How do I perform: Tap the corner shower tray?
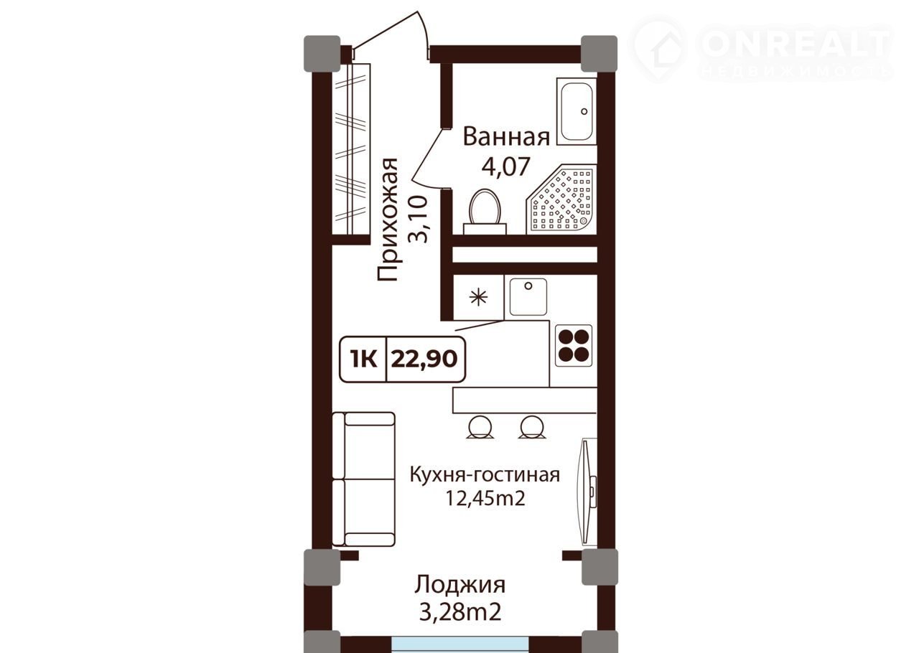click(x=561, y=199)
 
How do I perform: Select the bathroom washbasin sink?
click(x=577, y=111)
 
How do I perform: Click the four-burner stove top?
click(x=574, y=345)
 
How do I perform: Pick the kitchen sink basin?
click(x=528, y=297)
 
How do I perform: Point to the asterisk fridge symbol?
click(x=478, y=297)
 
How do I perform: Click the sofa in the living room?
click(x=363, y=479)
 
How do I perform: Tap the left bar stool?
click(x=480, y=428)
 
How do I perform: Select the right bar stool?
click(x=532, y=428)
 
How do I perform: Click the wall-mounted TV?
click(x=587, y=492)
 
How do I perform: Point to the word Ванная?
click(x=506, y=136)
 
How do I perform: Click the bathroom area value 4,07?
click(x=506, y=166)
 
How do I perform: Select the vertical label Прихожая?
click(x=387, y=220)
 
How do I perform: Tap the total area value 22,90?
click(x=424, y=360)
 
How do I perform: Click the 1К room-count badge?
click(x=363, y=360)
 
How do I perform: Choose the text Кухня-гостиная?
click(x=485, y=475)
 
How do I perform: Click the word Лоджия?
click(x=460, y=586)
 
